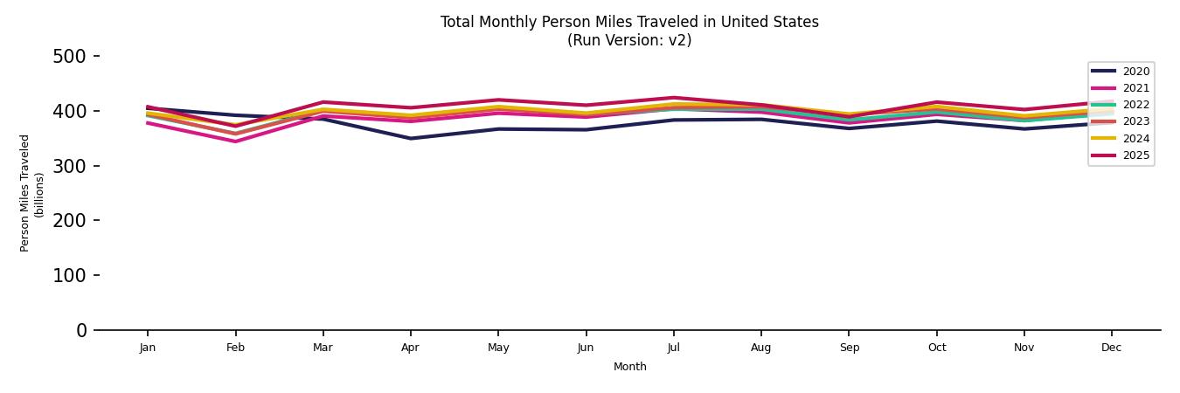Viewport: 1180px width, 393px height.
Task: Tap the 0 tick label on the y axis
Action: (81, 330)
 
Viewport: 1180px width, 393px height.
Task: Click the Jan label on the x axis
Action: (148, 348)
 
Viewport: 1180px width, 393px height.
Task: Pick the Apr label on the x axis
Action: (410, 348)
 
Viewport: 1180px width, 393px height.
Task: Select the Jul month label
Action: (673, 348)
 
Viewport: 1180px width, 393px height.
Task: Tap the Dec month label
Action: (1111, 348)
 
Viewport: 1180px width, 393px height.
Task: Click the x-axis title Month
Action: (629, 367)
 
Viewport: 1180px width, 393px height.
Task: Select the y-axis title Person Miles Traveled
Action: (25, 193)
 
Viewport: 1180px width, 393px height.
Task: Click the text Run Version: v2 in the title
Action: (629, 40)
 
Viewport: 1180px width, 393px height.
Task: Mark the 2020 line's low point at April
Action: (410, 138)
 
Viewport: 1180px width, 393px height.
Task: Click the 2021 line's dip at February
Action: (235, 141)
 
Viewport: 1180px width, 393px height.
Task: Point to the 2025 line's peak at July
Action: (673, 98)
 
